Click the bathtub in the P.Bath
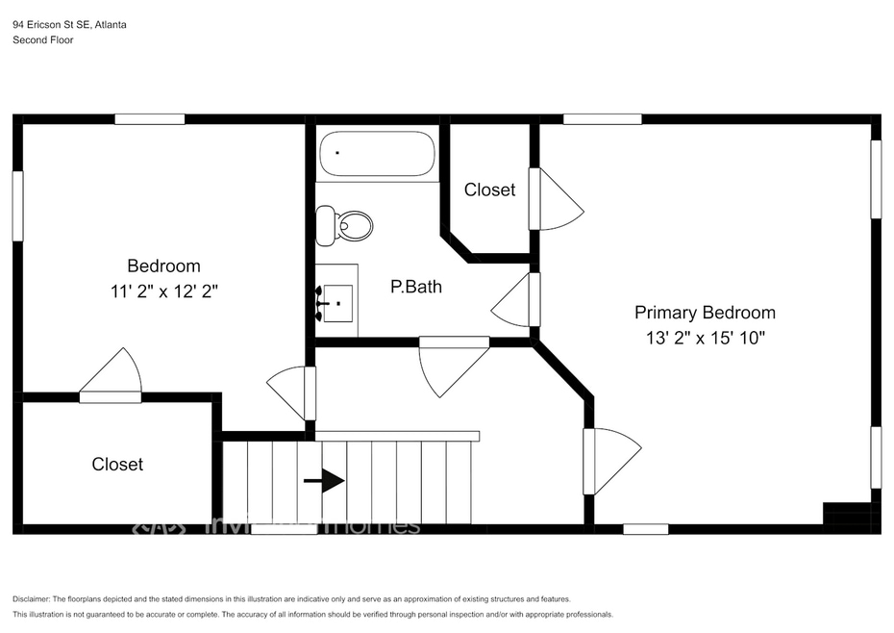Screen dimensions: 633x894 pyautogui.click(x=377, y=153)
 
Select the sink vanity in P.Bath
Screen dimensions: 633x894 pyautogui.click(x=336, y=301)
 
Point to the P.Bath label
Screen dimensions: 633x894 pyautogui.click(x=415, y=286)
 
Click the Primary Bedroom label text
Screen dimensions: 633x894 pyautogui.click(x=705, y=313)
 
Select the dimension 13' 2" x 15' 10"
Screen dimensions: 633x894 pyautogui.click(x=706, y=338)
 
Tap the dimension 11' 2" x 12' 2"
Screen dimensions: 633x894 pyautogui.click(x=163, y=291)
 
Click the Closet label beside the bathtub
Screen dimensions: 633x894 pyautogui.click(x=489, y=190)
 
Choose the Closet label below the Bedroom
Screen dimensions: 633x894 pyautogui.click(x=117, y=464)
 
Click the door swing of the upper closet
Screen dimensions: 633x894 pyautogui.click(x=557, y=200)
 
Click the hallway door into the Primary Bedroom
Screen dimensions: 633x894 pyautogui.click(x=609, y=460)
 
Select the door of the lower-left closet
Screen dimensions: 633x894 pyautogui.click(x=112, y=376)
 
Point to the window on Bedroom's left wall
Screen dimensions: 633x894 pyautogui.click(x=17, y=206)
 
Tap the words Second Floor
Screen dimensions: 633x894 pyautogui.click(x=42, y=40)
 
